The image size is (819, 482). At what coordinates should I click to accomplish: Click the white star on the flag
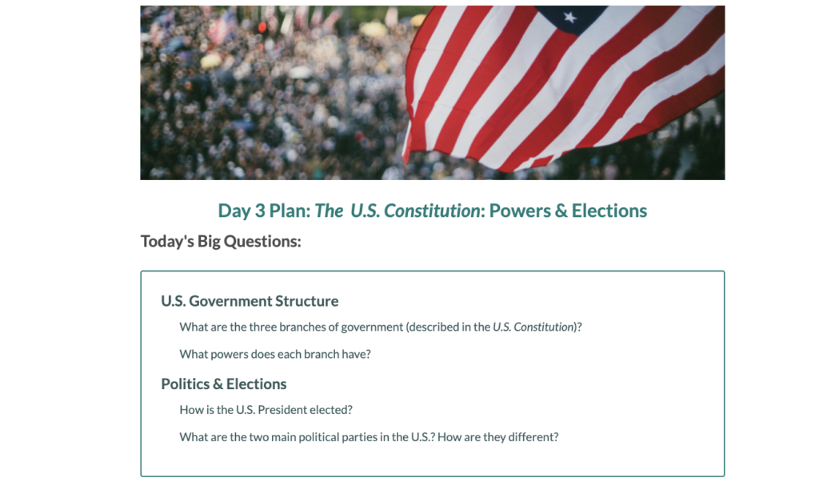pyautogui.click(x=569, y=18)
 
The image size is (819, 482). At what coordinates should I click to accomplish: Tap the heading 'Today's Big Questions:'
pyautogui.click(x=221, y=241)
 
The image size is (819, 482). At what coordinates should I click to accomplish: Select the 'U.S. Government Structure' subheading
pyautogui.click(x=250, y=301)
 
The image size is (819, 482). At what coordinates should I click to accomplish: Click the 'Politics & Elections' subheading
pyautogui.click(x=224, y=384)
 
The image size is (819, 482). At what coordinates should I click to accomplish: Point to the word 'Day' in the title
pyautogui.click(x=234, y=211)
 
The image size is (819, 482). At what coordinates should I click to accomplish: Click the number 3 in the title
pyautogui.click(x=260, y=211)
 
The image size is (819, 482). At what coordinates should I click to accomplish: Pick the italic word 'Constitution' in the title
pyautogui.click(x=432, y=211)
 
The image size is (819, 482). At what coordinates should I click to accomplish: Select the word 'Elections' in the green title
pyautogui.click(x=609, y=211)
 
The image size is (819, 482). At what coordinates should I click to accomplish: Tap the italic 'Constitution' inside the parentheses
pyautogui.click(x=544, y=327)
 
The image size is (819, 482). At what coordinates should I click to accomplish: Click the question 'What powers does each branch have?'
pyautogui.click(x=275, y=355)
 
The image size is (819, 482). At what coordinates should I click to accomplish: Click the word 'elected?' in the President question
pyautogui.click(x=331, y=410)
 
